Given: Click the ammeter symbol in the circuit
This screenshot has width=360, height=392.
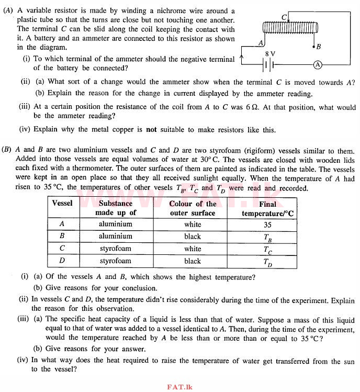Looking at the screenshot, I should click(317, 64).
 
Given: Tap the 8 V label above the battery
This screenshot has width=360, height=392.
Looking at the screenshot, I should click(270, 54).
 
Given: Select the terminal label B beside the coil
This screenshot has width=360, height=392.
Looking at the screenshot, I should click(319, 47).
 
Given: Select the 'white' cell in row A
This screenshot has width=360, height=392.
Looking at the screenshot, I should click(193, 224).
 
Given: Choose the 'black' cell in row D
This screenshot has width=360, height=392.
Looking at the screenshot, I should click(193, 261).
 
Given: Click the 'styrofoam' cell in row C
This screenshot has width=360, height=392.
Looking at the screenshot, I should click(116, 249).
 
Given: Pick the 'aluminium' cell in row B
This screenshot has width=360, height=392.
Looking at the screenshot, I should click(116, 236).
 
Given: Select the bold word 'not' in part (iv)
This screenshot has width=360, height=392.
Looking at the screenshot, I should click(151, 130).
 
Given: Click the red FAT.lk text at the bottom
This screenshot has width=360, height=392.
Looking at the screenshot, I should click(179, 387).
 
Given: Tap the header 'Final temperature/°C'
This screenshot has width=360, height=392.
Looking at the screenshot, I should click(267, 208).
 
